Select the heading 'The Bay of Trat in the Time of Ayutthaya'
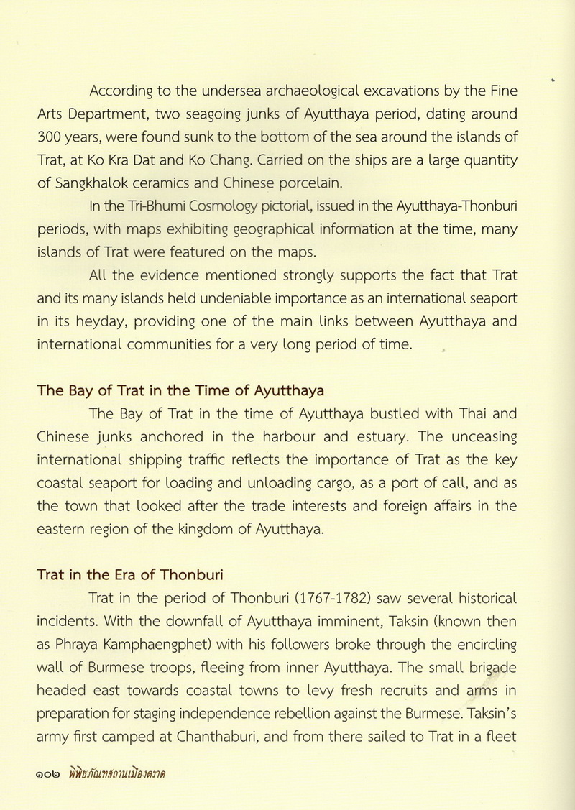pos(180,391)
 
